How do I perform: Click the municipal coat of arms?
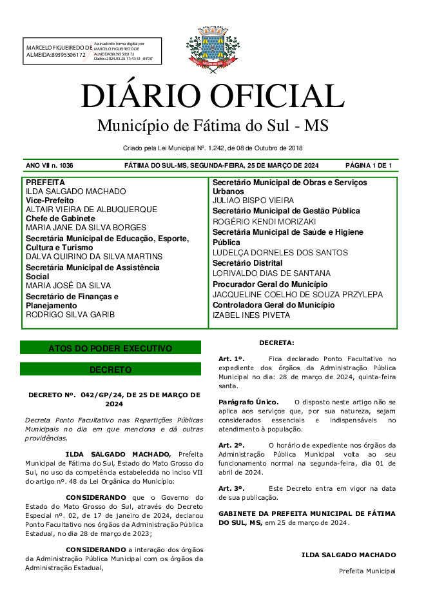pos(212,47)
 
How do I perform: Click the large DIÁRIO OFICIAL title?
pos(212,97)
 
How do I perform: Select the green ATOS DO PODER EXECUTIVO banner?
pos(110,348)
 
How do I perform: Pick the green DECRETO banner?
pos(110,370)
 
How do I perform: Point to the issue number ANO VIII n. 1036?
pos(50,166)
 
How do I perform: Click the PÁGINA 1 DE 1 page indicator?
pos(369,166)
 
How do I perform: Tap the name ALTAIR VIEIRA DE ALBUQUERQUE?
pos(91,210)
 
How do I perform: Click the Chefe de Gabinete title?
pos(60,219)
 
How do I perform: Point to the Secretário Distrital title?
pos(247,263)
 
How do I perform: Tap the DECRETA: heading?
pos(276,342)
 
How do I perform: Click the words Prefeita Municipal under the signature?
pos(367,571)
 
